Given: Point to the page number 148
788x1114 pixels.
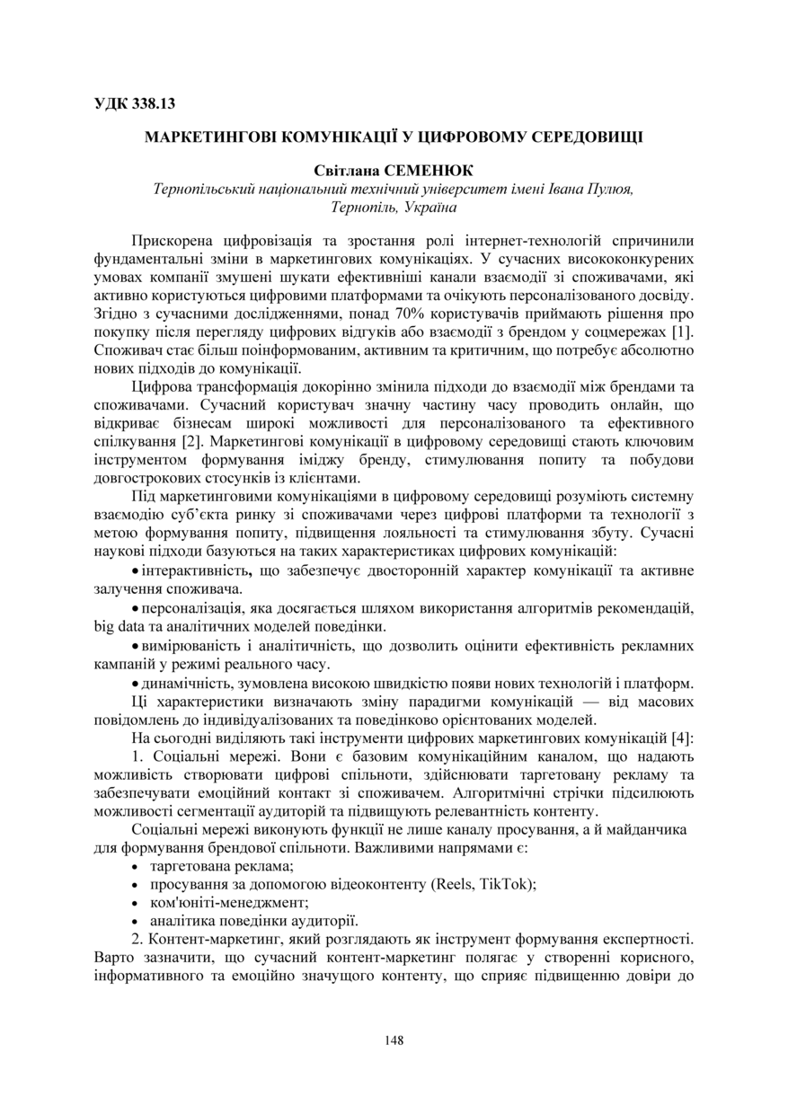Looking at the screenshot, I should pos(394,1040).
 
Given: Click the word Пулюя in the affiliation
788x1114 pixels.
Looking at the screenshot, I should pos(609,189).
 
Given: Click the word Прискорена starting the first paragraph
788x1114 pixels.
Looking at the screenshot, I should pos(173,241).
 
